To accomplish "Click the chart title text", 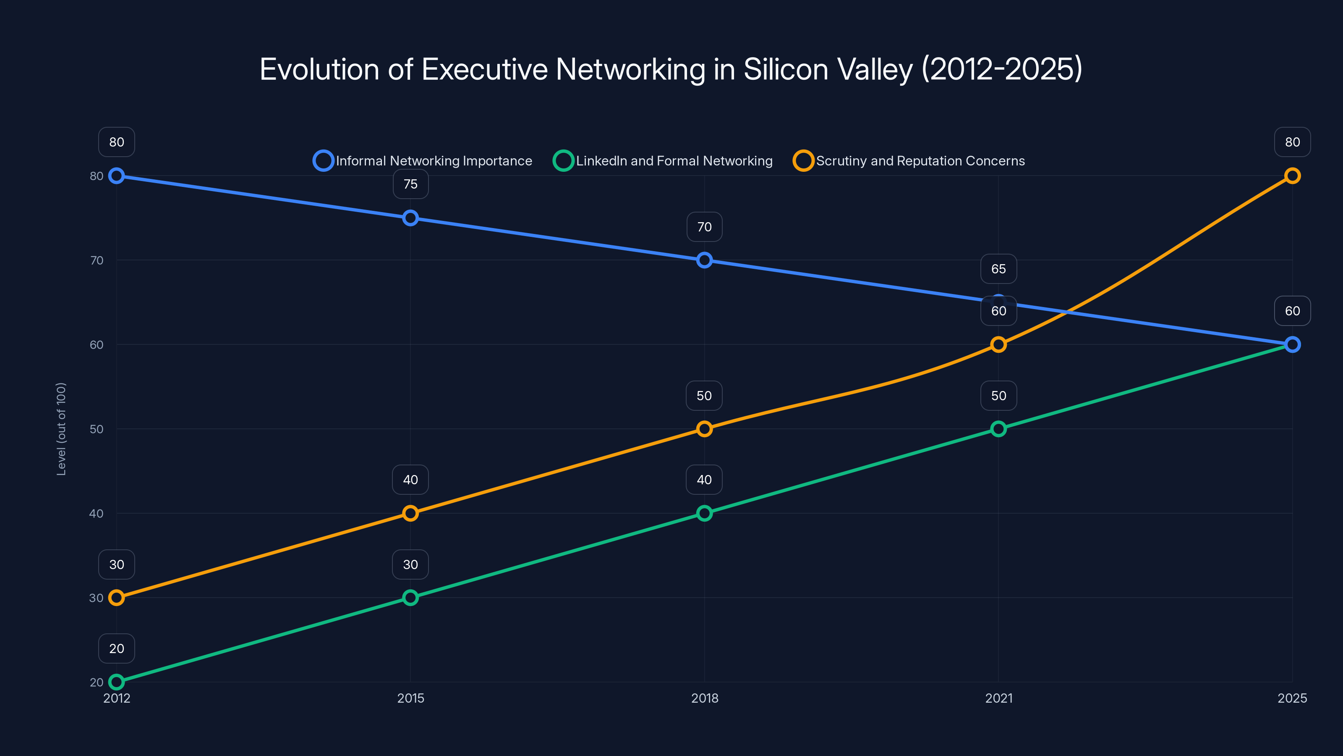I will click(671, 69).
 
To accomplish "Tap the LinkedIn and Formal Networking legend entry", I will click(663, 161).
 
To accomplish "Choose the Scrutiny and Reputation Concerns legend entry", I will click(909, 161).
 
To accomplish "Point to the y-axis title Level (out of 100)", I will click(62, 429).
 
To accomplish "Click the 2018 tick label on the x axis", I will click(704, 698).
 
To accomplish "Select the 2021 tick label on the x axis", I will click(998, 698).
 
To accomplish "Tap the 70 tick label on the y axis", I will click(97, 260).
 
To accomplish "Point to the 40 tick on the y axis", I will click(97, 513).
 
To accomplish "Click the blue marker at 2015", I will click(410, 218).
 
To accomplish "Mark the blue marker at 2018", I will click(704, 260).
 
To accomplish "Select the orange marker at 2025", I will click(1292, 176).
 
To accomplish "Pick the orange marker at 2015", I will click(410, 513).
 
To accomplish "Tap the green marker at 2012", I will click(117, 682).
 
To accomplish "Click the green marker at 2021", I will click(998, 429).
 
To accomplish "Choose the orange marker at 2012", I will click(117, 597).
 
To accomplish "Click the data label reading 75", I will click(410, 184).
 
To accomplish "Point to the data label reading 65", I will click(998, 269).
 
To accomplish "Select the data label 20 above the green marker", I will click(117, 648).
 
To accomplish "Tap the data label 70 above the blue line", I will click(704, 227).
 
